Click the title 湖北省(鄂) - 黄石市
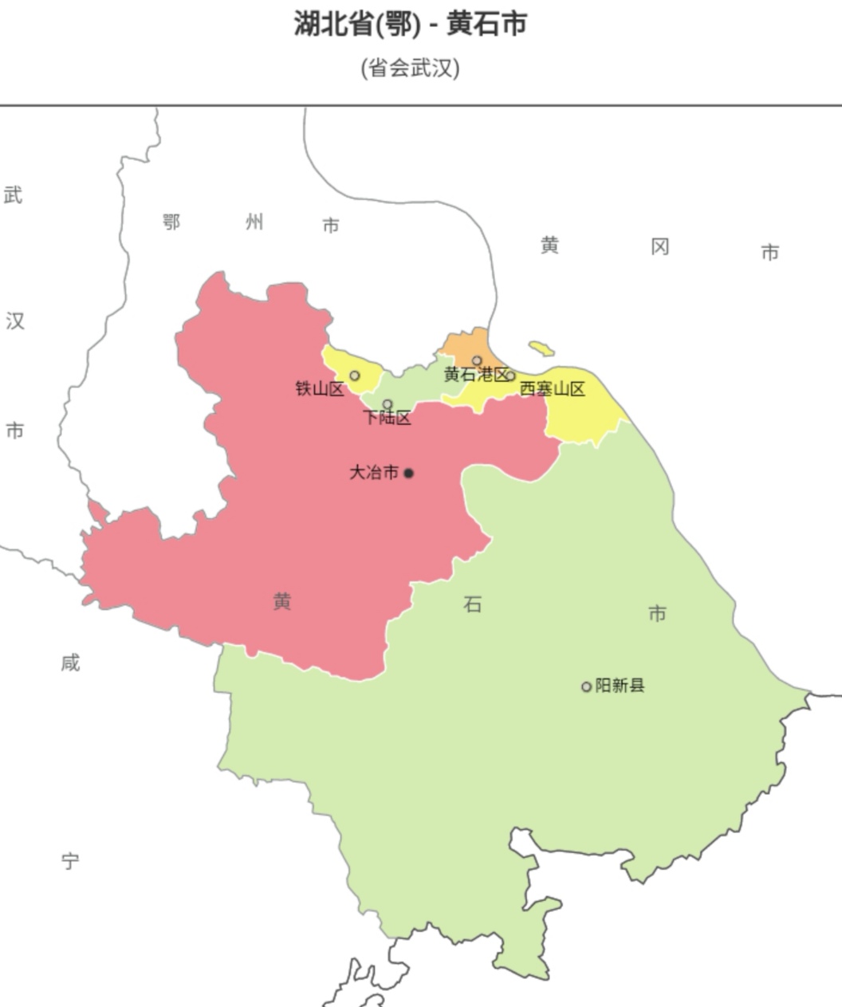[x=410, y=24]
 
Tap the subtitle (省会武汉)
[x=410, y=67]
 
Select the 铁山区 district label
[x=319, y=389]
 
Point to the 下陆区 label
[x=388, y=418]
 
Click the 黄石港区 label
[x=475, y=375]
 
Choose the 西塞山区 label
[x=553, y=389]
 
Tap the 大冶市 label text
[x=374, y=473]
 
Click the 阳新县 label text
[x=620, y=686]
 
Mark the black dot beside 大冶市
[x=409, y=473]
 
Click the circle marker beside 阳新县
[x=586, y=686]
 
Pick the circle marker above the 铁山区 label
[x=355, y=376]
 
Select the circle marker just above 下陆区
[x=388, y=404]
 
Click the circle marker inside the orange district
[x=477, y=360]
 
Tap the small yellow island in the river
[x=541, y=348]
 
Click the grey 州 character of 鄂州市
[x=254, y=222]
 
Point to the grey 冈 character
[x=659, y=247]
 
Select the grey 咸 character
[x=70, y=663]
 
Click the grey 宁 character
[x=70, y=861]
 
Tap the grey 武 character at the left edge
[x=14, y=195]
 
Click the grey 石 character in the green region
[x=472, y=605]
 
